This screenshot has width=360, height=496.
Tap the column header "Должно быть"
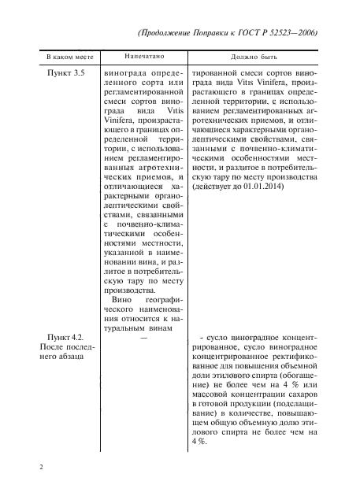tap(256, 58)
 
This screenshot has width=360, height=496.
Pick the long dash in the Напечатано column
tap(143, 338)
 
